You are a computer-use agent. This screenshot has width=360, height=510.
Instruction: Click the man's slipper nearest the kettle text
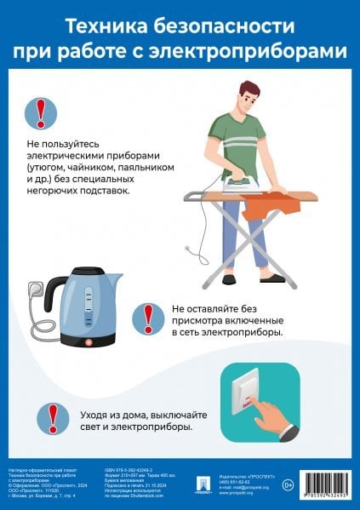pos(228,278)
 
